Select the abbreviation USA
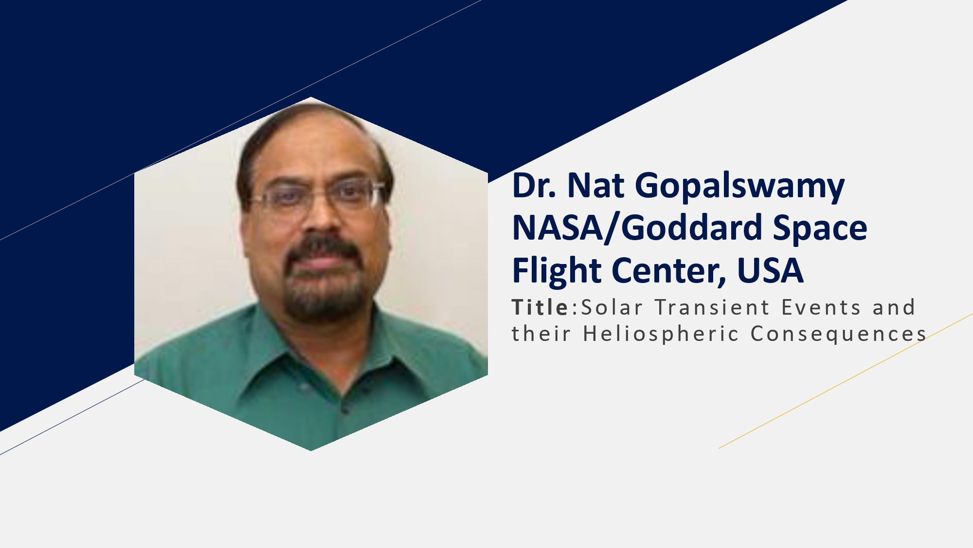(x=770, y=271)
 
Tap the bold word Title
(x=540, y=307)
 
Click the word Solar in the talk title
(x=612, y=307)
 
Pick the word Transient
(x=712, y=307)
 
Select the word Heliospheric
(x=661, y=335)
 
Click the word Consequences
(x=838, y=334)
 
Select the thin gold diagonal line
(x=846, y=381)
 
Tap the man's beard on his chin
(x=324, y=297)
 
